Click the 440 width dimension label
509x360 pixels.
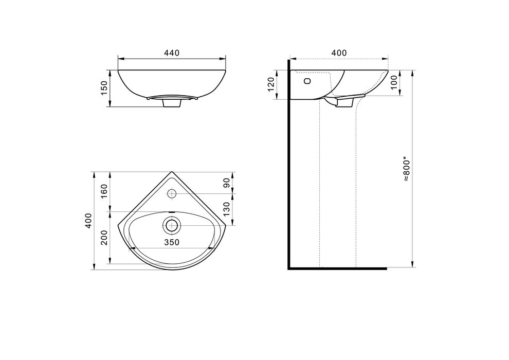coord(172,53)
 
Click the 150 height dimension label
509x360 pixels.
coord(104,88)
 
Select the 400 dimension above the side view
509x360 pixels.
coord(339,53)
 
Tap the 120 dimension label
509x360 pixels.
coord(271,84)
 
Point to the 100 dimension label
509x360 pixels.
coord(394,82)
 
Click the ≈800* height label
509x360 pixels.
coord(407,170)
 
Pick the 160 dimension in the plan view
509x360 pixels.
coord(104,192)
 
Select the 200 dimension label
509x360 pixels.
coord(104,238)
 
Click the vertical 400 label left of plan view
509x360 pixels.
coord(88,221)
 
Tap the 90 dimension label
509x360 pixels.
coord(227,183)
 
